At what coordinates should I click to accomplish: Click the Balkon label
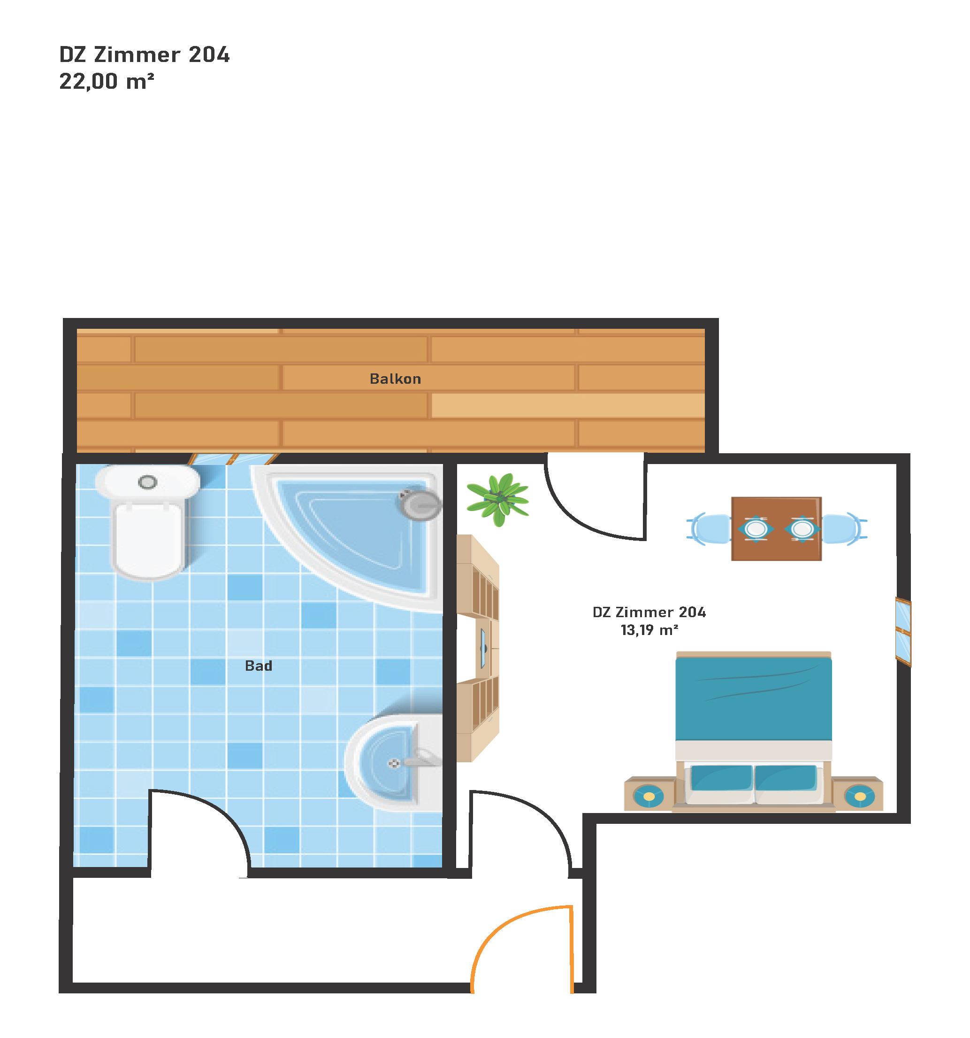click(395, 379)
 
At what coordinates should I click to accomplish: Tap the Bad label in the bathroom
click(258, 666)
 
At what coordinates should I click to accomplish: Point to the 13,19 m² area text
click(649, 630)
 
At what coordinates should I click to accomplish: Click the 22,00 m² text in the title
click(107, 81)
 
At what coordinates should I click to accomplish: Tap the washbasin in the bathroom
click(394, 762)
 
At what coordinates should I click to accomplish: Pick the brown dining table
click(776, 529)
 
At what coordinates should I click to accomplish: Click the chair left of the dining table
click(710, 529)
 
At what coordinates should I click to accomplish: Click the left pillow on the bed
click(722, 781)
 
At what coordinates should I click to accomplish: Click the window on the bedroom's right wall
click(903, 631)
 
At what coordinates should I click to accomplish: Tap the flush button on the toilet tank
click(148, 482)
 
